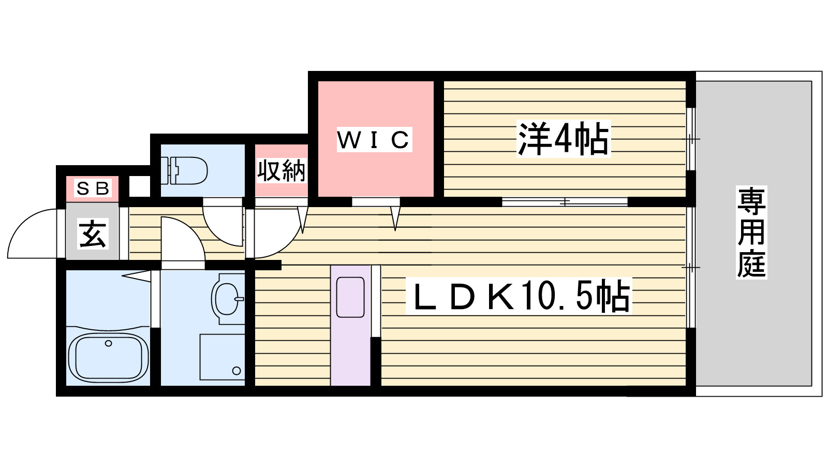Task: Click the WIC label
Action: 374,139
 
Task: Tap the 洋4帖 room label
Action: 563,139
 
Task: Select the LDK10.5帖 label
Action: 519,296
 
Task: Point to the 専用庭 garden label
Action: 751,232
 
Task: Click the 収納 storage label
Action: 282,170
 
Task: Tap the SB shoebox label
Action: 93,188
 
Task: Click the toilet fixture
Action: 184,170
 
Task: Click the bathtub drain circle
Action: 108,344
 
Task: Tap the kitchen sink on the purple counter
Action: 350,297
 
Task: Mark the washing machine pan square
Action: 222,357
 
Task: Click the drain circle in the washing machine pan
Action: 236,371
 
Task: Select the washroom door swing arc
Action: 183,239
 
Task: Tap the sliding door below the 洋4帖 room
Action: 565,202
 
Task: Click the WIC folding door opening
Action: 376,202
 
